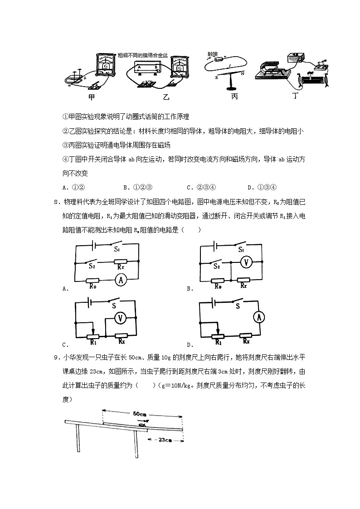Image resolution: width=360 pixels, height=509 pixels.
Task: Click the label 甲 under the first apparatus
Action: (x=92, y=97)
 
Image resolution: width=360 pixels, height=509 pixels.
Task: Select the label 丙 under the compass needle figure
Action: (x=234, y=97)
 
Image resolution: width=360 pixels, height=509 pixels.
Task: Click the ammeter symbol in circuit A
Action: (x=120, y=280)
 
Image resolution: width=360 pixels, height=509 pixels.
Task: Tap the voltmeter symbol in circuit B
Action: (x=246, y=262)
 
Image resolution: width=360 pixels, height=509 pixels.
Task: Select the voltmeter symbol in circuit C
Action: (x=120, y=318)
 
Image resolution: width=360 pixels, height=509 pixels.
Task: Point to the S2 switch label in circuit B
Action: (x=217, y=266)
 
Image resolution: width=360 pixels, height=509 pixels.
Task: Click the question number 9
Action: (x=55, y=358)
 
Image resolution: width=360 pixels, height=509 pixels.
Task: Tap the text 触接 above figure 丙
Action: (x=213, y=53)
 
